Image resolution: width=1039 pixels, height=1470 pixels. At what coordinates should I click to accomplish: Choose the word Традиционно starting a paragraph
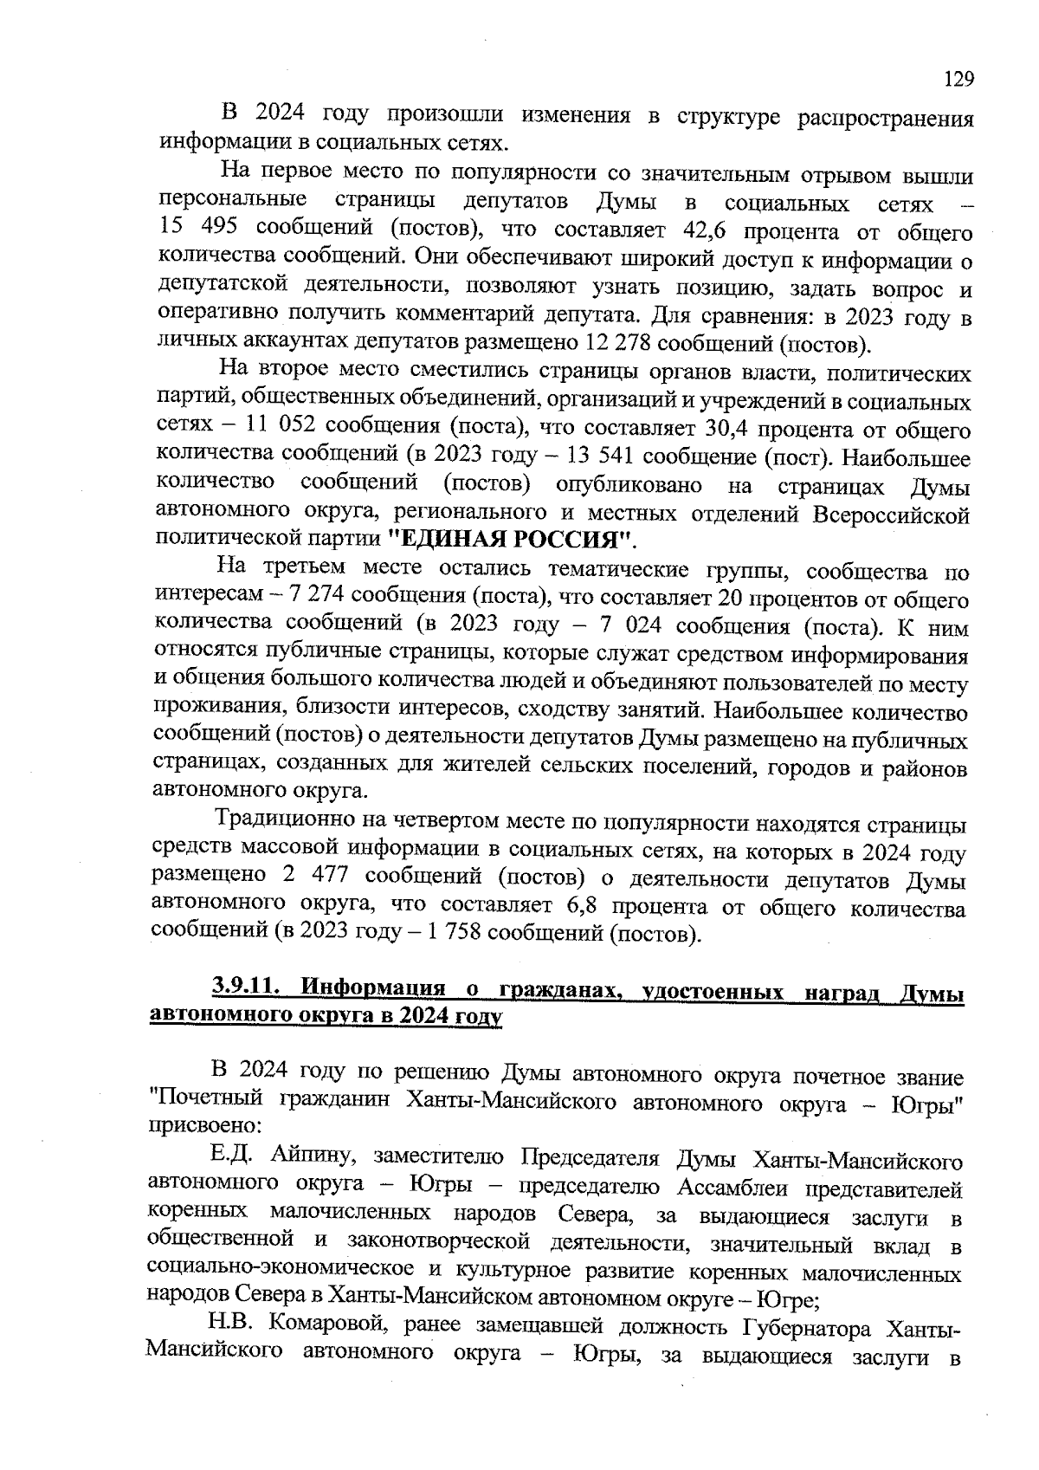coord(292,819)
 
